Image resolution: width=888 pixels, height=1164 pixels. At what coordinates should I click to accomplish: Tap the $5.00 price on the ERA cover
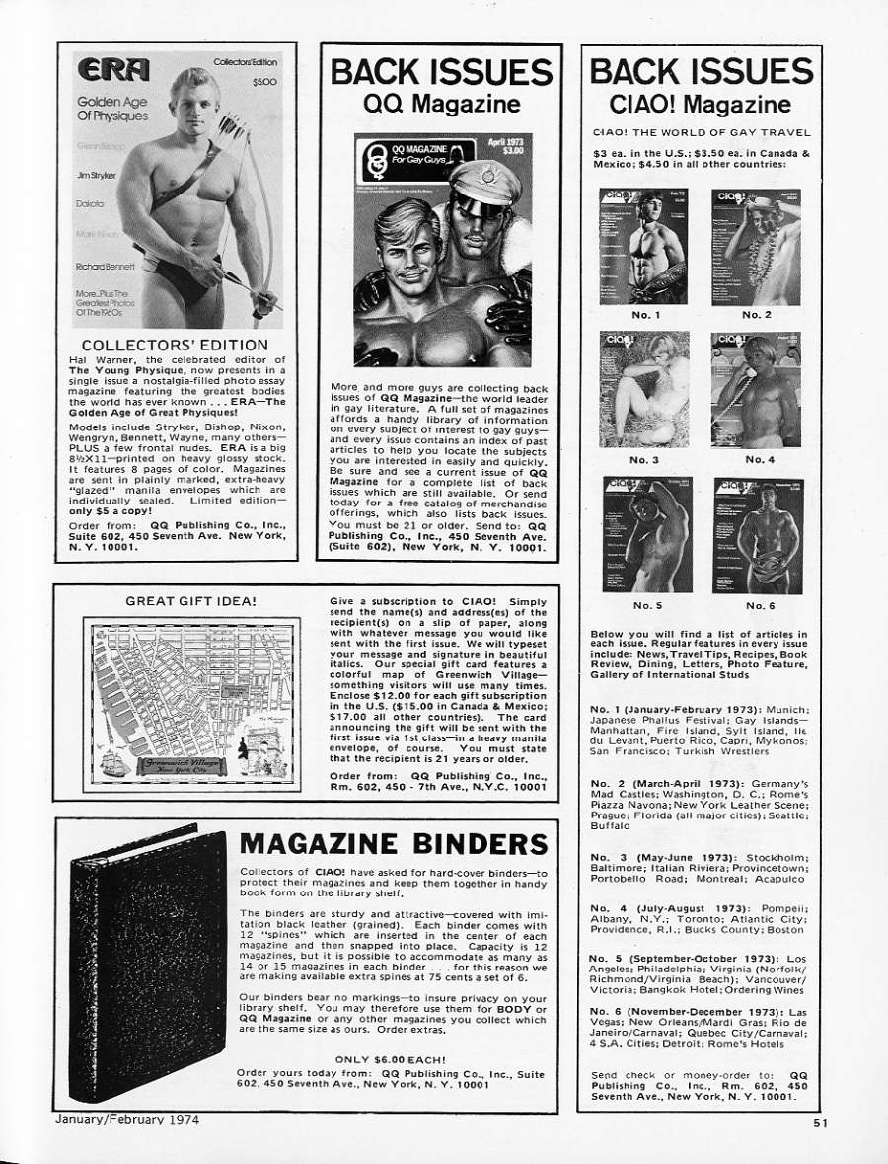[263, 82]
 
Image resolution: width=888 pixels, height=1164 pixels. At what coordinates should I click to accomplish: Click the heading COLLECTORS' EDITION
[170, 344]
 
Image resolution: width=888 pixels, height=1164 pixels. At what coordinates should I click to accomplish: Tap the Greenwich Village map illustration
[192, 704]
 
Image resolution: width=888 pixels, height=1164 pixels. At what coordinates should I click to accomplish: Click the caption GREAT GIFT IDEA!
[191, 599]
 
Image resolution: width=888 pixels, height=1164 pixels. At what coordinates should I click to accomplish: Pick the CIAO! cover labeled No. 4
[757, 390]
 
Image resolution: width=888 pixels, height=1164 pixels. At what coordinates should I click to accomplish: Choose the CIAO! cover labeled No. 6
[757, 535]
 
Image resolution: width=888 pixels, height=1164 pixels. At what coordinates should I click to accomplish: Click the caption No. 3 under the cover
[644, 459]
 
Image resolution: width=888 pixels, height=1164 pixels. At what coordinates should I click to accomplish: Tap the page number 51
[823, 1121]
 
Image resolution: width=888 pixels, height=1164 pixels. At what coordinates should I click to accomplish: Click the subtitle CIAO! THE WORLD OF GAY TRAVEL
[701, 132]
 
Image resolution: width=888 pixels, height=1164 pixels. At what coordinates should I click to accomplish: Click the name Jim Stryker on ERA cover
[96, 175]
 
